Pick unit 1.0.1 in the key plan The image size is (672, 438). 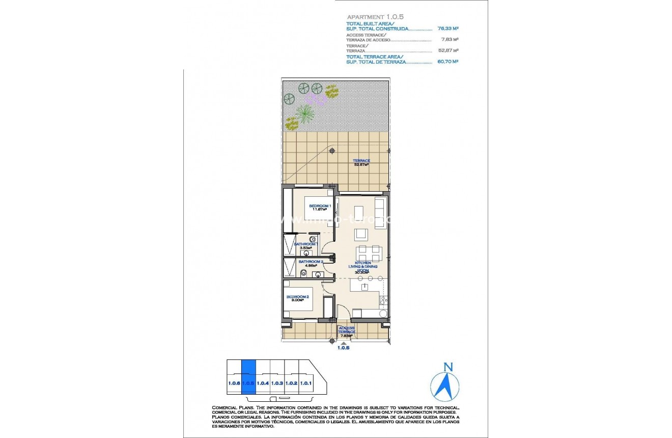pyautogui.click(x=305, y=383)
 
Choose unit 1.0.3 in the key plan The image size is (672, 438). pyautogui.click(x=277, y=383)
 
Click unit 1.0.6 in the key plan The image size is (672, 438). pyautogui.click(x=234, y=383)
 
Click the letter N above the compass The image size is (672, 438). pyautogui.click(x=447, y=367)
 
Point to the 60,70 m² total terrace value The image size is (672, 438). pyautogui.click(x=448, y=61)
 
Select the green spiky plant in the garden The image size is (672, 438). pyautogui.click(x=305, y=113)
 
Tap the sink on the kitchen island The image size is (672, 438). pyautogui.click(x=365, y=287)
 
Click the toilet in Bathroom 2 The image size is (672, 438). pyautogui.click(x=303, y=273)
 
